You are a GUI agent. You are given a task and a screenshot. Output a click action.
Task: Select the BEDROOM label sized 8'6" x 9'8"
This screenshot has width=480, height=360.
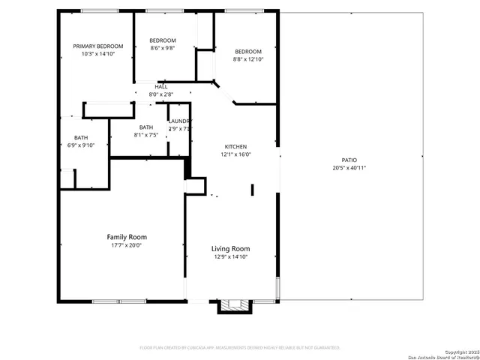click(162, 40)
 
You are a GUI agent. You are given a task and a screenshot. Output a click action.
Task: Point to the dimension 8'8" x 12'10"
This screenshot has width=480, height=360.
click(248, 58)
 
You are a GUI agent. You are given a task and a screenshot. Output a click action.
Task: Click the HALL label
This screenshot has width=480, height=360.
click(161, 87)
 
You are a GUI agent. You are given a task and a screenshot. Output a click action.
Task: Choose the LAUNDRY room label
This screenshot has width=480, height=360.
click(180, 121)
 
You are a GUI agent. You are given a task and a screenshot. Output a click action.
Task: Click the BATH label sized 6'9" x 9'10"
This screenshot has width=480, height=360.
click(80, 137)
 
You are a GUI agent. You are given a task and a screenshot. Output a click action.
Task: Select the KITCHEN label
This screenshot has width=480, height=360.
click(235, 146)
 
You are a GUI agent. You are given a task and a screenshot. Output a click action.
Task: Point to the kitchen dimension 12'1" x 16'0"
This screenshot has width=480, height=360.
click(235, 154)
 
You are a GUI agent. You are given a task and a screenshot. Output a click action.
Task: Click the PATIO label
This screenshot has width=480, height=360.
click(349, 160)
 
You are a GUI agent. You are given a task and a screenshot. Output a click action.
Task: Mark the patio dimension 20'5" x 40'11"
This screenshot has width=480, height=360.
click(349, 168)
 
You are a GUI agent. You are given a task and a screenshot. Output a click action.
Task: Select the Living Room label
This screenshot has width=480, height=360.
click(230, 249)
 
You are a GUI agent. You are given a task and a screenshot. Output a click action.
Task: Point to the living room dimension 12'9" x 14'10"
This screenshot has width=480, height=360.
click(230, 257)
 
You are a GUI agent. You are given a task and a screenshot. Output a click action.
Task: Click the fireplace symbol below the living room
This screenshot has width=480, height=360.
click(231, 306)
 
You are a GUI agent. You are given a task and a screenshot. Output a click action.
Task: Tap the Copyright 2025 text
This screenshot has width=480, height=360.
click(459, 351)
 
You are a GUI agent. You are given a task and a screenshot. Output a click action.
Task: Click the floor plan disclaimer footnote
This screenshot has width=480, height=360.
click(240, 348)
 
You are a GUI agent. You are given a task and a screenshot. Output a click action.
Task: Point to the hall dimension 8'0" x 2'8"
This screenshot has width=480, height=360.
click(161, 94)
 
